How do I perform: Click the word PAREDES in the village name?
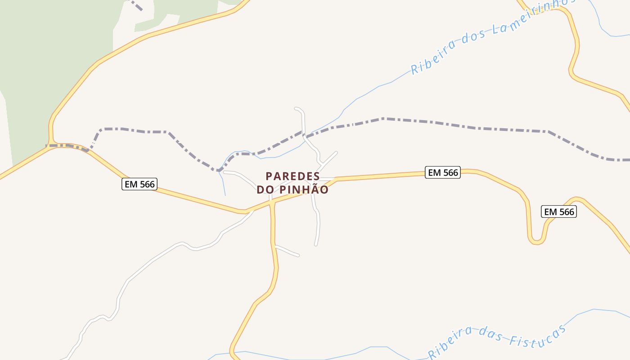pos(292,176)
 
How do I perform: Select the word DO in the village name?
pos(265,190)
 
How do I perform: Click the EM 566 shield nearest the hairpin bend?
pos(559,211)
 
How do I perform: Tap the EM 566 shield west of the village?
pos(139,184)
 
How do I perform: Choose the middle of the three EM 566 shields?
pos(443,172)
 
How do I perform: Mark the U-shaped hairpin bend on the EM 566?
pos(536,240)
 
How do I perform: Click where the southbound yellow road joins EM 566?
pos(272,203)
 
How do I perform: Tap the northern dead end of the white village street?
pos(296,108)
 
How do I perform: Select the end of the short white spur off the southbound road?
pos(298,256)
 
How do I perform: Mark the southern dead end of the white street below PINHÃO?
pos(316,244)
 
